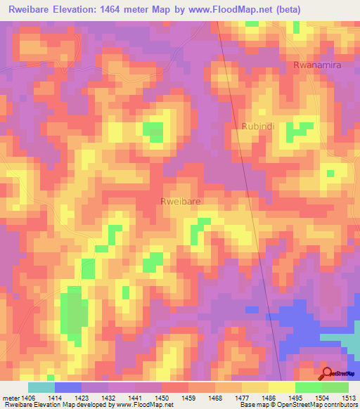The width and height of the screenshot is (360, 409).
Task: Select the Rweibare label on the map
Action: pyautogui.click(x=181, y=201)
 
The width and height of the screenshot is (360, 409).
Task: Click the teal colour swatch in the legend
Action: pyautogui.click(x=41, y=387)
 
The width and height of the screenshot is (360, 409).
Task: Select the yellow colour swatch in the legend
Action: pyautogui.click(x=281, y=387)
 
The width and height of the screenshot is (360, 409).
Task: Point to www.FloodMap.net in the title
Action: pyautogui.click(x=231, y=10)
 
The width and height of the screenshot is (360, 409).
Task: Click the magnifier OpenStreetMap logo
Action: pyautogui.click(x=328, y=373)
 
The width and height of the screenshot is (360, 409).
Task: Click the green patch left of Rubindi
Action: pyautogui.click(x=153, y=131)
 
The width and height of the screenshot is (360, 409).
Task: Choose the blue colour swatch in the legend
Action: pyautogui.click(x=67, y=387)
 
